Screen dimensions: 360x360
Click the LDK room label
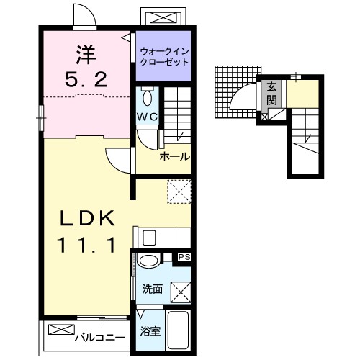pyautogui.click(x=87, y=218)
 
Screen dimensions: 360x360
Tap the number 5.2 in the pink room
pyautogui.click(x=86, y=80)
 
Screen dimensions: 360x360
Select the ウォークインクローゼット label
pyautogui.click(x=165, y=57)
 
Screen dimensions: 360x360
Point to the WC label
pyautogui.click(x=148, y=117)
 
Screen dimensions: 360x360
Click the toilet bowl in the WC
pyautogui.click(x=147, y=96)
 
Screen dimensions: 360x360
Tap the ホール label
pyautogui.click(x=175, y=157)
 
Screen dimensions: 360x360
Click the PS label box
pyautogui.click(x=184, y=257)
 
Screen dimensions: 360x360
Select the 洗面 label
pyautogui.click(x=153, y=289)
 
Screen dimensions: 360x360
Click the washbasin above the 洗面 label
pyautogui.click(x=148, y=261)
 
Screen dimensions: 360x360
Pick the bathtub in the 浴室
pyautogui.click(x=178, y=330)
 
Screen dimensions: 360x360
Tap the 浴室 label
pyautogui.click(x=150, y=331)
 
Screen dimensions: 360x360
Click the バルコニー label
pyautogui.click(x=100, y=338)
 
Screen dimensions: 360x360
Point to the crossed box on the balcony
pyautogui.click(x=61, y=329)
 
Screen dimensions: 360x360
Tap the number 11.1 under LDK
pyautogui.click(x=86, y=245)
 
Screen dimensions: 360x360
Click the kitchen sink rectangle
pyautogui.click(x=149, y=238)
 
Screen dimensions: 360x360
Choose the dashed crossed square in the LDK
pyautogui.click(x=179, y=192)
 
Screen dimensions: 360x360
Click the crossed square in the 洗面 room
pyautogui.click(x=181, y=293)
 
